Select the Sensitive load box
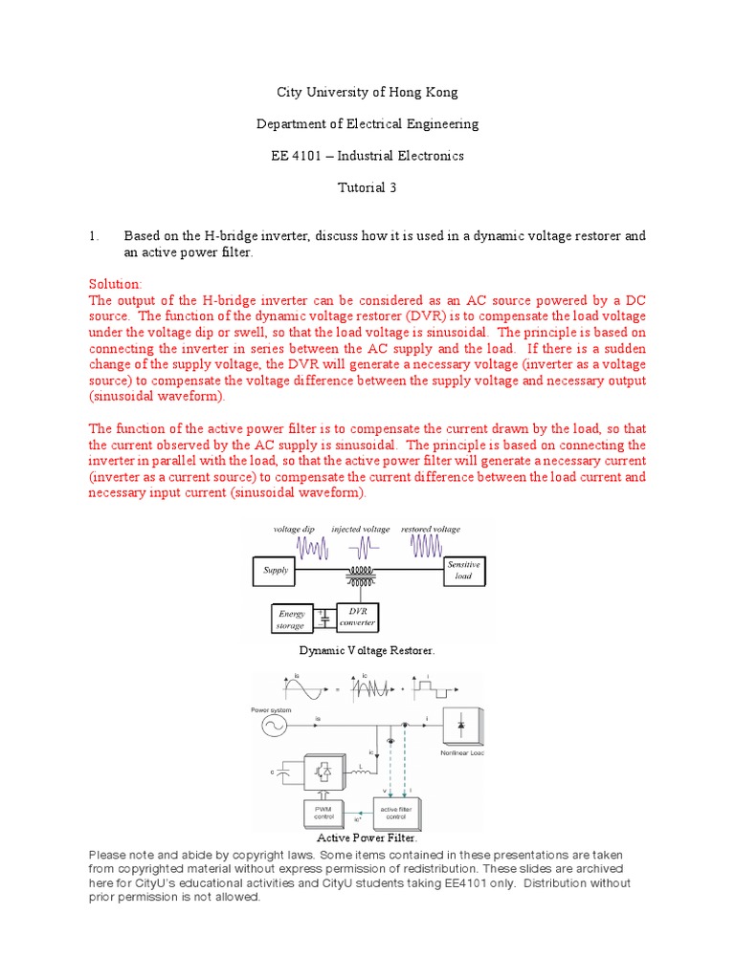(463, 571)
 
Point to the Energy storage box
(291, 620)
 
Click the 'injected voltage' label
(361, 529)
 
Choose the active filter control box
(396, 814)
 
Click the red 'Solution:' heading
(115, 285)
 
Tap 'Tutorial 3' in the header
(367, 187)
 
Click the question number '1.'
(94, 236)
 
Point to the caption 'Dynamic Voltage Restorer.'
(367, 650)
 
